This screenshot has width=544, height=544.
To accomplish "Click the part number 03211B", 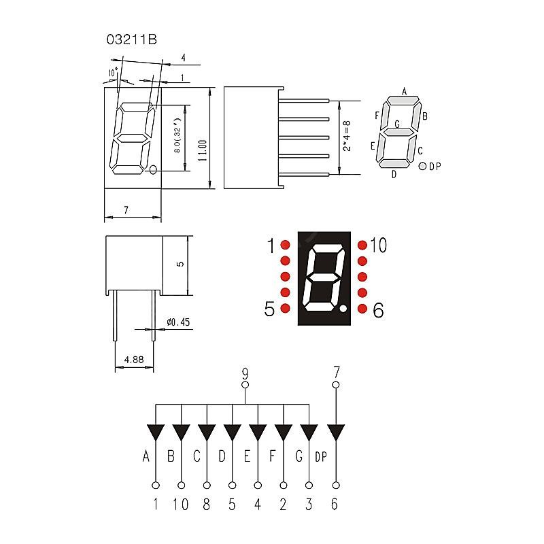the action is [x=132, y=39].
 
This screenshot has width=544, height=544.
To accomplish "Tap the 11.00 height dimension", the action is [x=203, y=150].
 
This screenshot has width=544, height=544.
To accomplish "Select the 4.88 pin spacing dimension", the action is [x=134, y=360].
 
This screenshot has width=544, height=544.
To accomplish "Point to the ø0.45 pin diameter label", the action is [x=178, y=322].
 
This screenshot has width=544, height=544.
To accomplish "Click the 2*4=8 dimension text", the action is [x=347, y=136].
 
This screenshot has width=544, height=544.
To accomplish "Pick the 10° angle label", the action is [x=113, y=72].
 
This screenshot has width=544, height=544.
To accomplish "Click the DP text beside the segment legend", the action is [x=435, y=167].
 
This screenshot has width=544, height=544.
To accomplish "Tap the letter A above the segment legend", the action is [x=404, y=91].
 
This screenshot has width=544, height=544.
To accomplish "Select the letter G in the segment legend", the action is [x=397, y=124].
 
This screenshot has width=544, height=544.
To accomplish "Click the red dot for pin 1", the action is [x=285, y=245].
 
